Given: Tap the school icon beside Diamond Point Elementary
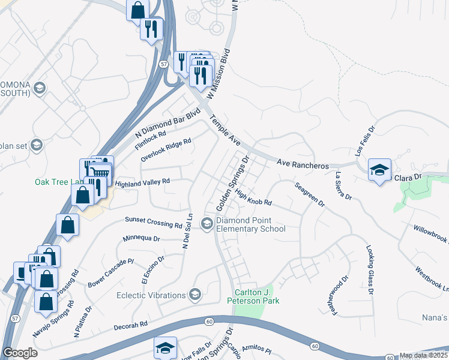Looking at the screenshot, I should point(207,224).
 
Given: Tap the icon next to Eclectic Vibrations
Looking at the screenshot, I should point(194,294).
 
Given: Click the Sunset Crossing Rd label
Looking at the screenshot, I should point(153,222).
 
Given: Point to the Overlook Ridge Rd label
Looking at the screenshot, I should point(166,150).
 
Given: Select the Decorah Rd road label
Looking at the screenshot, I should point(130,326).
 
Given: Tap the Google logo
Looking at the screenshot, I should point(20,353).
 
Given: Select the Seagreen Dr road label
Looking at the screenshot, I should point(310,195).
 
